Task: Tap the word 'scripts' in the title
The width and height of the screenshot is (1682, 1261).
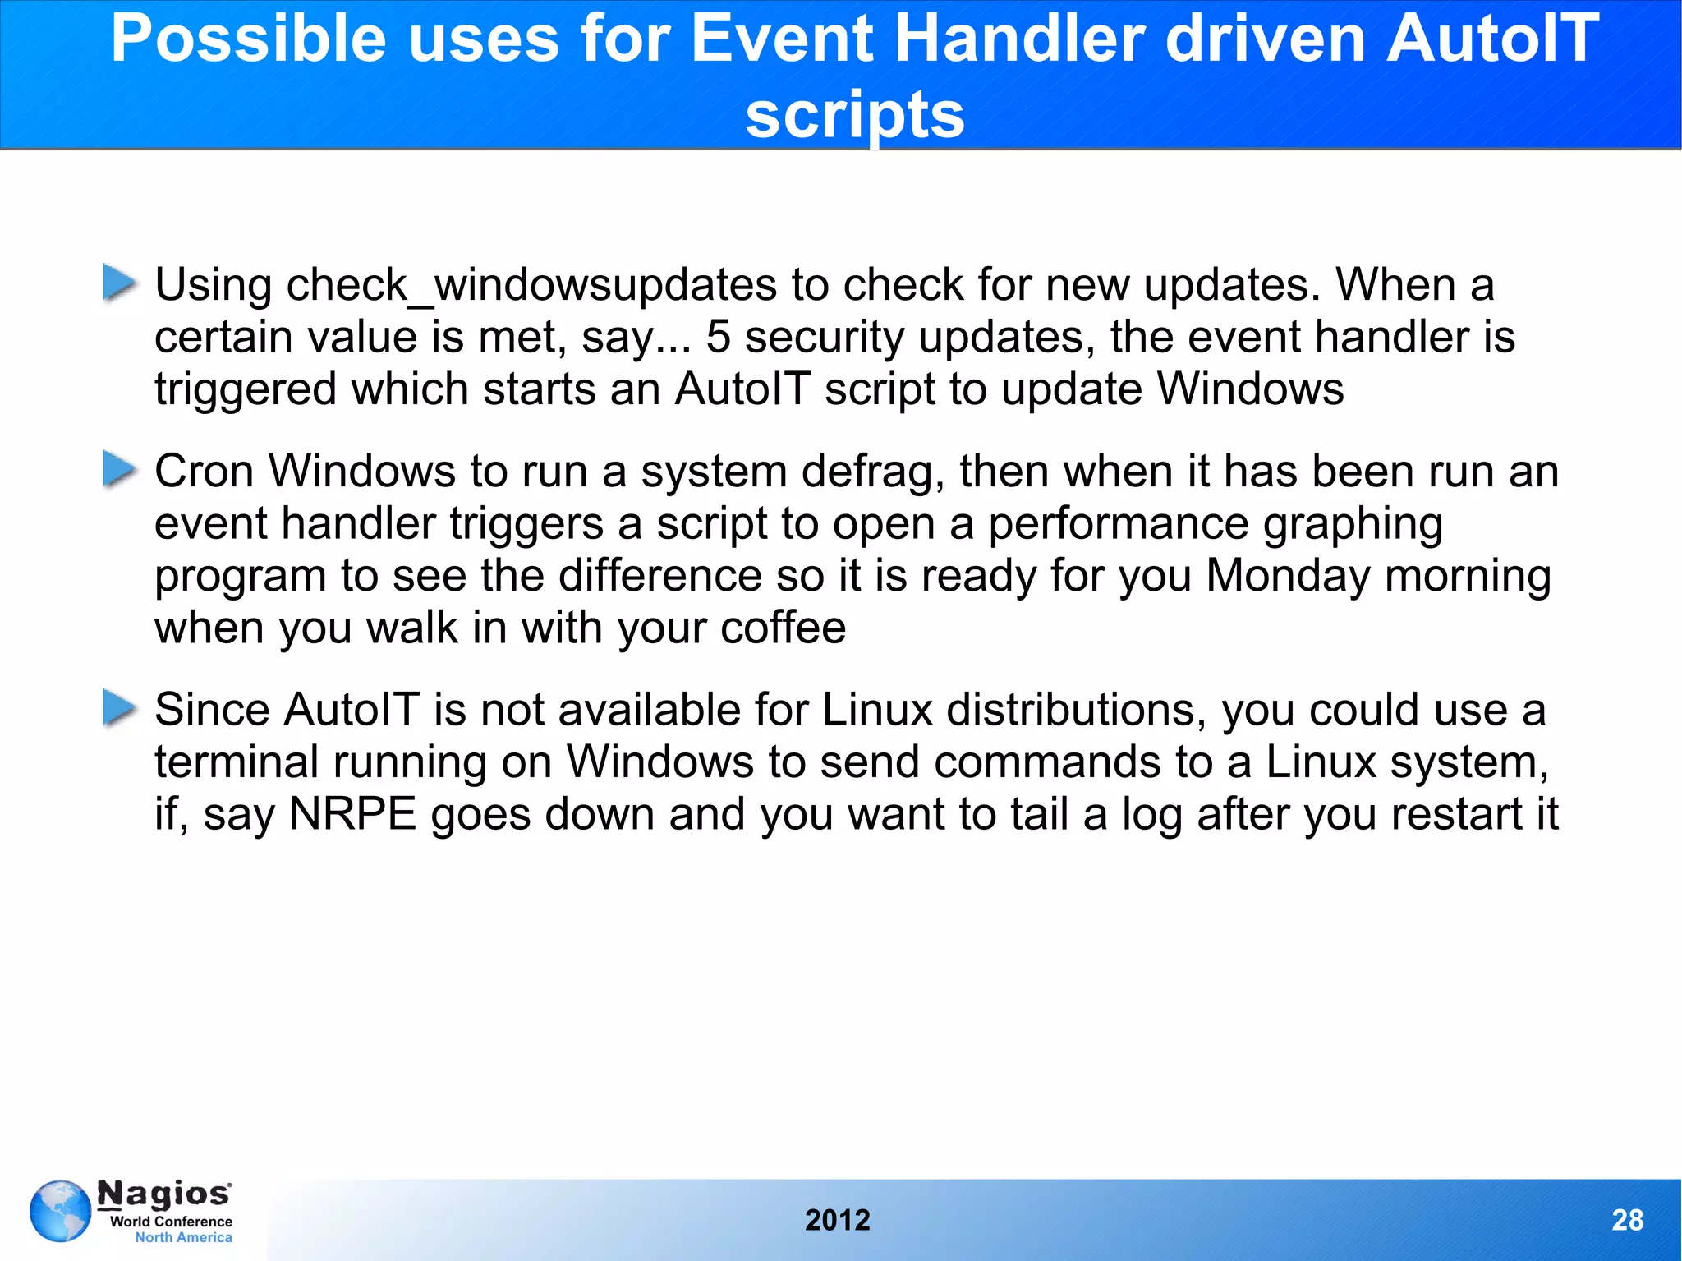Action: [x=854, y=115]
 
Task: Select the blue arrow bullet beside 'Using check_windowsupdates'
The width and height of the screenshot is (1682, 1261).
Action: [x=119, y=283]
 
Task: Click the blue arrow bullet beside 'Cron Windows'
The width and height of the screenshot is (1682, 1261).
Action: [x=119, y=470]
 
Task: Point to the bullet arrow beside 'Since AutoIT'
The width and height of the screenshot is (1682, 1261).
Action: [x=119, y=708]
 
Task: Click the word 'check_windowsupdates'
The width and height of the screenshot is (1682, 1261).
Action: [x=531, y=286]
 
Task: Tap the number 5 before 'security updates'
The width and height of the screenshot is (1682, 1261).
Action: [x=718, y=337]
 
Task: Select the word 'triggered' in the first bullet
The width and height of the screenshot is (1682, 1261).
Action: [x=246, y=389]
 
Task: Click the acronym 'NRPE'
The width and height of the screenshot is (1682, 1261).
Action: [x=353, y=814]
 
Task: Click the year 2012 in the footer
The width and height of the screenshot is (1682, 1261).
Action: [x=837, y=1221]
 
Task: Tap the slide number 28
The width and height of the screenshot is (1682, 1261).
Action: [x=1627, y=1221]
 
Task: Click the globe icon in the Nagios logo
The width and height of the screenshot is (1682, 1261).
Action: [x=60, y=1211]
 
